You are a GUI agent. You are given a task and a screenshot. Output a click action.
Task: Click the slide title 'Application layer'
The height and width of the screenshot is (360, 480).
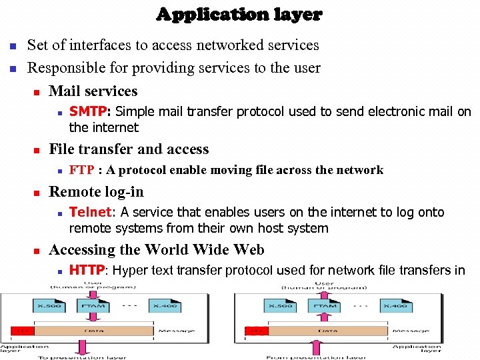pos(239,14)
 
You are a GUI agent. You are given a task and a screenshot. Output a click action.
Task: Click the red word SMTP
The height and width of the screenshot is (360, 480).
pos(86,112)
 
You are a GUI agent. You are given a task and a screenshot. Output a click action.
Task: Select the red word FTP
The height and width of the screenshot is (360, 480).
pos(81,170)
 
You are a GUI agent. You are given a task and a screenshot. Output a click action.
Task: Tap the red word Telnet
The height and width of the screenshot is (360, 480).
pos(90,212)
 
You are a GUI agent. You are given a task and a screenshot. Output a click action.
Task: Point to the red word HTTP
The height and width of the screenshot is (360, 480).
pos(87,270)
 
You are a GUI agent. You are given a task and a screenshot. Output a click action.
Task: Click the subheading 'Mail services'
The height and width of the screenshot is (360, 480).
pos(93,91)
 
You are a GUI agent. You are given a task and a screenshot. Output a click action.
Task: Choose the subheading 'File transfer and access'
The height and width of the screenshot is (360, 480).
pos(129,149)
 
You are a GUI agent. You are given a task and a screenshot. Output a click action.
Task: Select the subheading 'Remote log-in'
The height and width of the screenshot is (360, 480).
pos(96,192)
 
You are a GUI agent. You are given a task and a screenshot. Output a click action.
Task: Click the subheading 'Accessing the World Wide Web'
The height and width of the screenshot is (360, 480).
pos(156,250)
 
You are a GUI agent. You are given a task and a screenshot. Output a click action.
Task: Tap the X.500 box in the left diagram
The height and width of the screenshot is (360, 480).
pos(49,305)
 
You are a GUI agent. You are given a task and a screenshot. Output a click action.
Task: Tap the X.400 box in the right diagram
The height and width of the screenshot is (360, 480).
pos(399,305)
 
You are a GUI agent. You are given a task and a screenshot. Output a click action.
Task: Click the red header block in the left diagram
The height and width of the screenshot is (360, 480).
pos(23,331)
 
